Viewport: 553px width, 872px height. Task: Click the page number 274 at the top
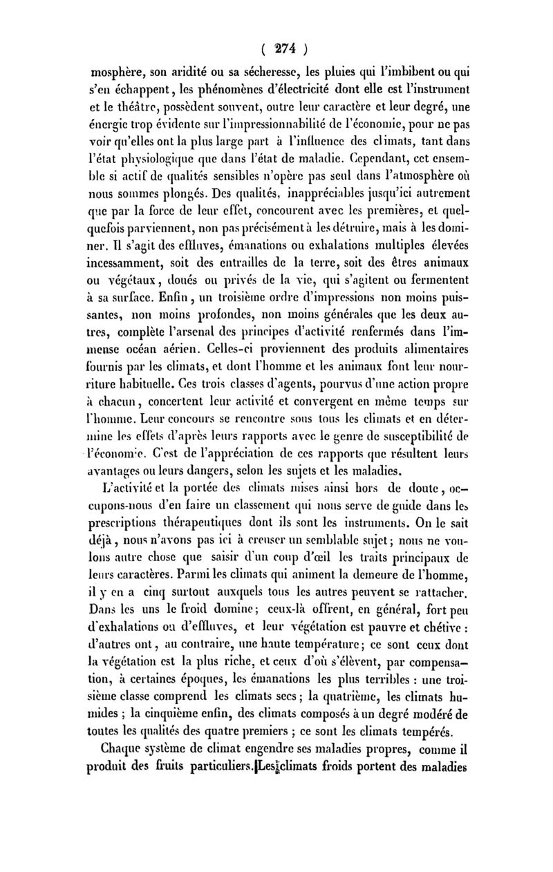tap(276, 49)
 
